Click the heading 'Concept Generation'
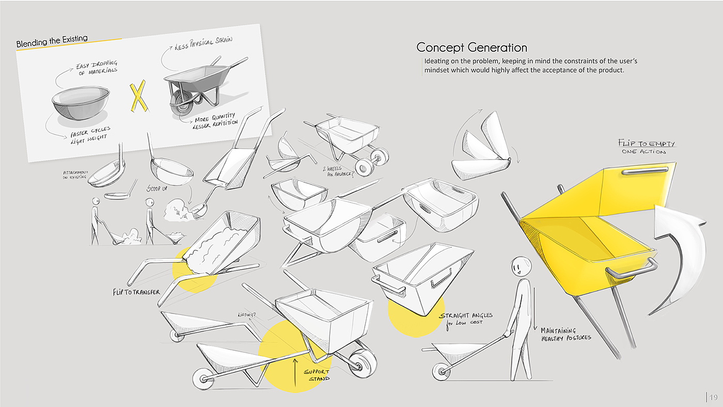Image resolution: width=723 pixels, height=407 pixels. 471,48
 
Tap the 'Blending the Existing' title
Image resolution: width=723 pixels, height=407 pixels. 52,41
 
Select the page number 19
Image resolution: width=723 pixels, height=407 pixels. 713,397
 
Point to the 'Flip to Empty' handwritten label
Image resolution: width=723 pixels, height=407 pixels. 646,144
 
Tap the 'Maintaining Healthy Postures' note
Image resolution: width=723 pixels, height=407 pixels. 565,334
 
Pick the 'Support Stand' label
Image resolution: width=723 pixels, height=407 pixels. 316,375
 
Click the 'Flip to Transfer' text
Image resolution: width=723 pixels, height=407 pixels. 136,292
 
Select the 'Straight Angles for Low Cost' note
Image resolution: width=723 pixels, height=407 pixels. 465,319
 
